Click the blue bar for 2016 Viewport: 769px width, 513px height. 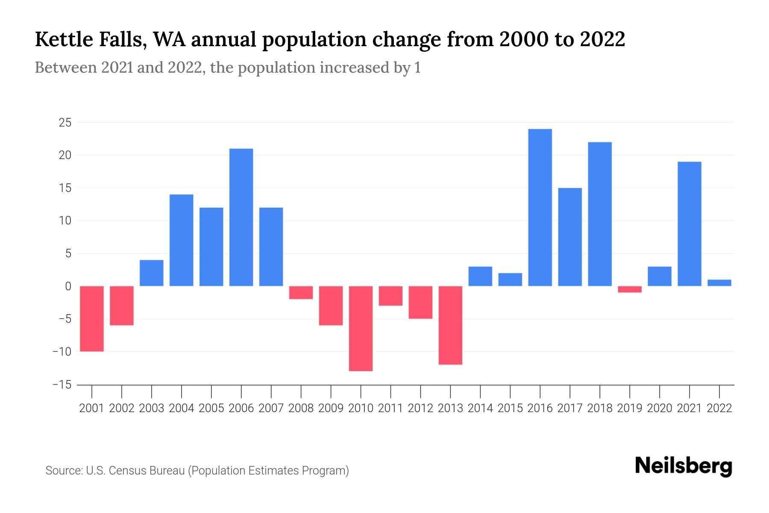pyautogui.click(x=540, y=207)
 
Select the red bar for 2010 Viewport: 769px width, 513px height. pyautogui.click(x=361, y=328)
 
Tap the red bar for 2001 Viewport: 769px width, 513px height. pyautogui.click(x=92, y=318)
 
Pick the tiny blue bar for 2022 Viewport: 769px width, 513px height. pyautogui.click(x=719, y=283)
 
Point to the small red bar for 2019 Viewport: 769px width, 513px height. pyautogui.click(x=630, y=289)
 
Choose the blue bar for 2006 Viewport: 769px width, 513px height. pyautogui.click(x=241, y=217)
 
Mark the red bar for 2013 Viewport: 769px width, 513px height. pyautogui.click(x=450, y=325)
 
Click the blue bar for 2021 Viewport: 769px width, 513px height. pyautogui.click(x=690, y=224)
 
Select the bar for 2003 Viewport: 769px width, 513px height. pyautogui.click(x=152, y=273)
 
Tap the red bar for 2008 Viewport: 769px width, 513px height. pyautogui.click(x=301, y=292)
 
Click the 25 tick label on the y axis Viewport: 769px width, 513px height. pyautogui.click(x=65, y=123)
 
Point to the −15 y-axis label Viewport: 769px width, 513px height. pyautogui.click(x=62, y=385)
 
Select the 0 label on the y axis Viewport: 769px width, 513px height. pyautogui.click(x=68, y=286)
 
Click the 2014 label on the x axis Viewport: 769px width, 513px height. pyautogui.click(x=480, y=408)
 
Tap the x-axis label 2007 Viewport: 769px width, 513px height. pyautogui.click(x=271, y=408)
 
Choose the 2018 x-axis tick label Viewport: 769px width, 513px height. pyautogui.click(x=600, y=408)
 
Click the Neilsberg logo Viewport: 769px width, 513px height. pyautogui.click(x=684, y=466)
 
